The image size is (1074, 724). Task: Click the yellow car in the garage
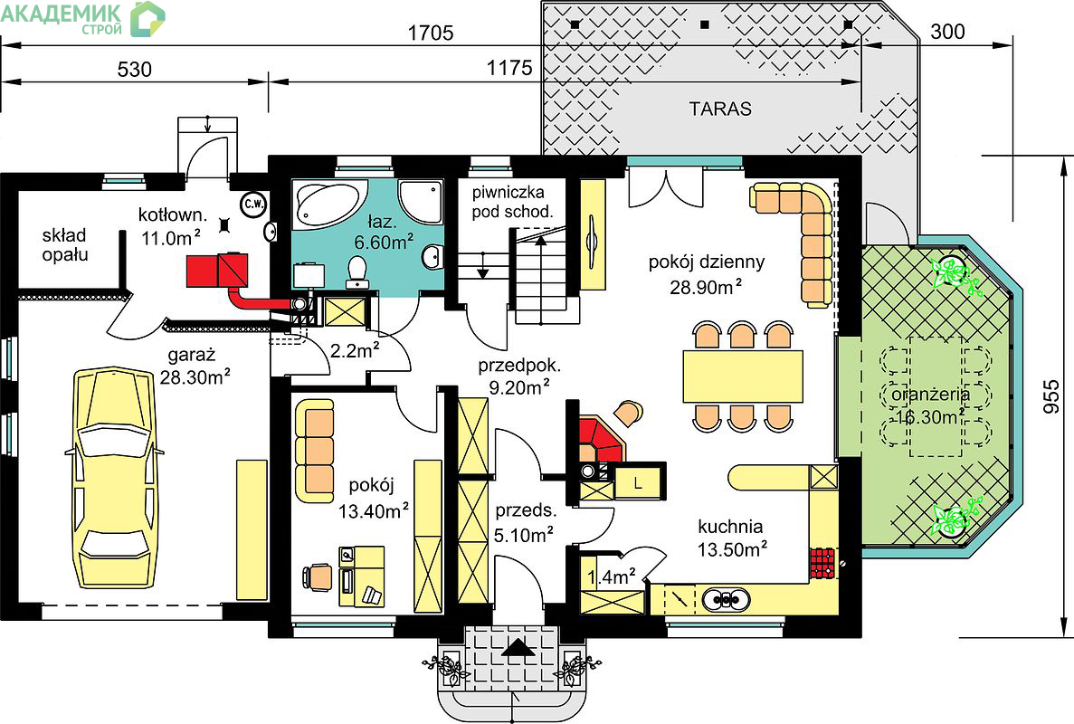(x=113, y=478)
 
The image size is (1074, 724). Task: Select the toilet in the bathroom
(x=356, y=271)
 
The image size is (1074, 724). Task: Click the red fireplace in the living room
(x=601, y=442)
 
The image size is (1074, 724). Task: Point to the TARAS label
(x=720, y=109)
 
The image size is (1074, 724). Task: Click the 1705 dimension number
(x=430, y=33)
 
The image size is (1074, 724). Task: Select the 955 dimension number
(x=1050, y=397)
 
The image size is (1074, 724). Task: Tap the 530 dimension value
(x=134, y=69)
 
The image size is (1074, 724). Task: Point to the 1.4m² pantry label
(x=611, y=576)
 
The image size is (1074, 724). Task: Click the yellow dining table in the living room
(x=743, y=376)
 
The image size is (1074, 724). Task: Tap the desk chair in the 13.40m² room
(x=318, y=576)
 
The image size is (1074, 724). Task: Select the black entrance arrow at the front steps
(x=518, y=648)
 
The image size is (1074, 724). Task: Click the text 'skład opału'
(x=64, y=244)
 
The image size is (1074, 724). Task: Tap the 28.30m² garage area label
(x=195, y=376)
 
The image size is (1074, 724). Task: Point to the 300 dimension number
(x=948, y=32)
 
